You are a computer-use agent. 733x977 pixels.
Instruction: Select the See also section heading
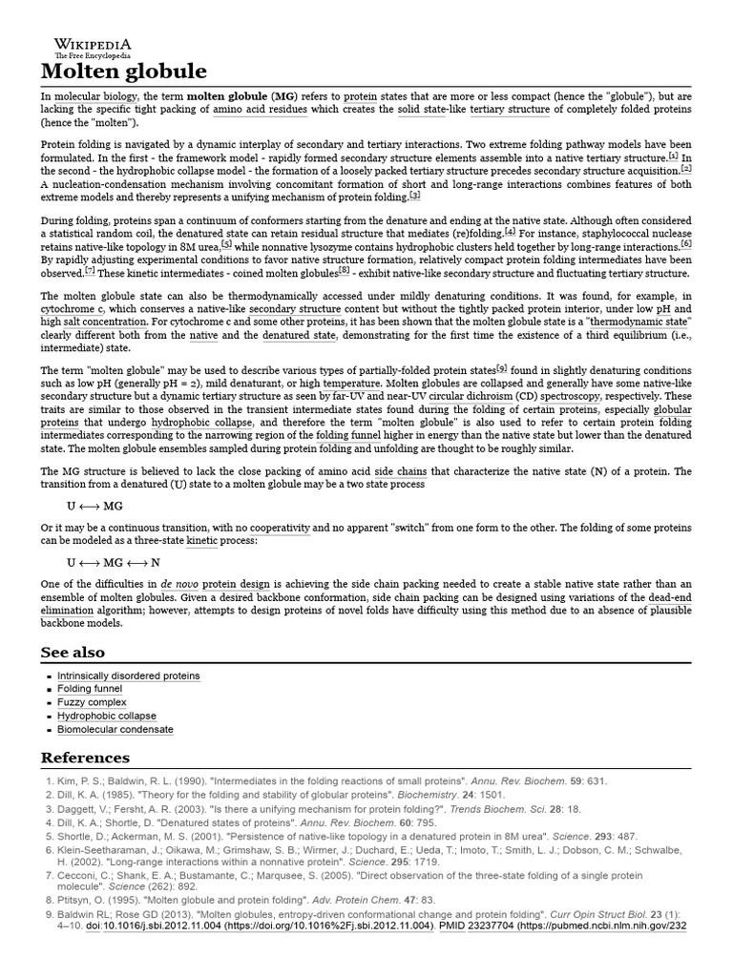point(73,653)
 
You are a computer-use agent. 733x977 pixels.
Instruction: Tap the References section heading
point(85,758)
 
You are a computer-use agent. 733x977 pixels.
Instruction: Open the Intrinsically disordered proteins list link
point(129,676)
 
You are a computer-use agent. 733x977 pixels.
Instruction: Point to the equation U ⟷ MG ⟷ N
point(114,563)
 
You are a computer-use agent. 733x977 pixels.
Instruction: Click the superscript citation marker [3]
point(414,196)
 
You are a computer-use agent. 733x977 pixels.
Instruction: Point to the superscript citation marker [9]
point(502,367)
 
